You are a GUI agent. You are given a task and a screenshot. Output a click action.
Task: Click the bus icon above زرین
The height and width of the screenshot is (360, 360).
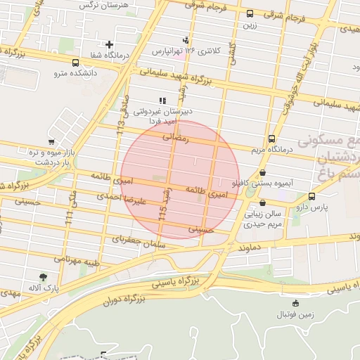pos(250,13)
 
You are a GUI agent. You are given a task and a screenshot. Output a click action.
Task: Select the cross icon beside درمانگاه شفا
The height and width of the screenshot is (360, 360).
pos(109,44)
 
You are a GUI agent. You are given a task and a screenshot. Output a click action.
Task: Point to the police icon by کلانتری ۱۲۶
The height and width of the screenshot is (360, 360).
pos(186,39)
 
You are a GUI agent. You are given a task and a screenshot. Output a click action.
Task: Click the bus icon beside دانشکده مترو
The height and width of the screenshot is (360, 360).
pos(75,63)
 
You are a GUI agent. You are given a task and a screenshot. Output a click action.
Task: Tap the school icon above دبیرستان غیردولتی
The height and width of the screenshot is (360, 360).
pos(163,101)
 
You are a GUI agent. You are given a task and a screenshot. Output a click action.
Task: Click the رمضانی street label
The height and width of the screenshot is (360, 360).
pos(176,139)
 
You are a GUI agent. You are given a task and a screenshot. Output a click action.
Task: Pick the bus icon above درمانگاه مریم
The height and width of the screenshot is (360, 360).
pos(271,139)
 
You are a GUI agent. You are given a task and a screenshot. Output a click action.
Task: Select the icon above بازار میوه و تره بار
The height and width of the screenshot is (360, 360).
pos(51,141)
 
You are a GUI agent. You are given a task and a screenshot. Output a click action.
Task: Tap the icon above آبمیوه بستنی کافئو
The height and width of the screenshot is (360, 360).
pos(263,172)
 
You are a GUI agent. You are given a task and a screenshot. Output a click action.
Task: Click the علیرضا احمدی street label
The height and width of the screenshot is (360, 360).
pos(144,199)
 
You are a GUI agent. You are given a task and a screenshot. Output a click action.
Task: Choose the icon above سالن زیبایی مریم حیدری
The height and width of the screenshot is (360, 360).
pos(262,202)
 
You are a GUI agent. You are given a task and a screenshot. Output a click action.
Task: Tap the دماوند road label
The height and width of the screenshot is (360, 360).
pos(250,247)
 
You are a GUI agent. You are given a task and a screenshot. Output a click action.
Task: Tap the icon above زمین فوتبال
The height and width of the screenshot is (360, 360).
pos(295,303)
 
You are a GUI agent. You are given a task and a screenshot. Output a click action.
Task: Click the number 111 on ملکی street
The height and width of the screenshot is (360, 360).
pos(68,218)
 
